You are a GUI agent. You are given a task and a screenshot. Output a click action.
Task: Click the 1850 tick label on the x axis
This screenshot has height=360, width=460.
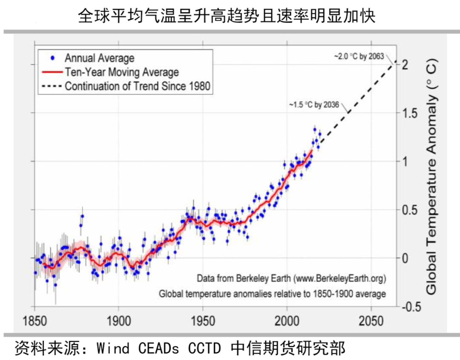pos(34,320)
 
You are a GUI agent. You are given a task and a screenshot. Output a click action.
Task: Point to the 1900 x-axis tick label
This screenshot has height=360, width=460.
pos(119,320)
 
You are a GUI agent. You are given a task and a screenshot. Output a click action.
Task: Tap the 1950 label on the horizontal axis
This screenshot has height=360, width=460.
pos(203,320)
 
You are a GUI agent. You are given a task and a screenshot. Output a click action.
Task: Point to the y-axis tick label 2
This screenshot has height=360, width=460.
pos(406,65)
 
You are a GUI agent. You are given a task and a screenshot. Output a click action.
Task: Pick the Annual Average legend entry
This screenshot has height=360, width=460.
pos(99,58)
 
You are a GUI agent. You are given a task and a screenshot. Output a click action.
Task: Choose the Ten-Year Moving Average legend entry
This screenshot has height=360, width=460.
pos(122,72)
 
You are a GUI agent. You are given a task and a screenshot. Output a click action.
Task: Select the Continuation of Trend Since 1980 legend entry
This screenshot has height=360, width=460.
pos(138,86)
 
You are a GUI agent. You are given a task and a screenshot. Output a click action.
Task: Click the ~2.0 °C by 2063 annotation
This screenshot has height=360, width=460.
pos(359,57)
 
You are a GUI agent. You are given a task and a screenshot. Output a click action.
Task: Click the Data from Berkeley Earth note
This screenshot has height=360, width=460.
pos(291,279)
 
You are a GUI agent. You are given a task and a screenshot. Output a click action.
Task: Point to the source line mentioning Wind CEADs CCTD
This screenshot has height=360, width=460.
pos(179,348)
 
